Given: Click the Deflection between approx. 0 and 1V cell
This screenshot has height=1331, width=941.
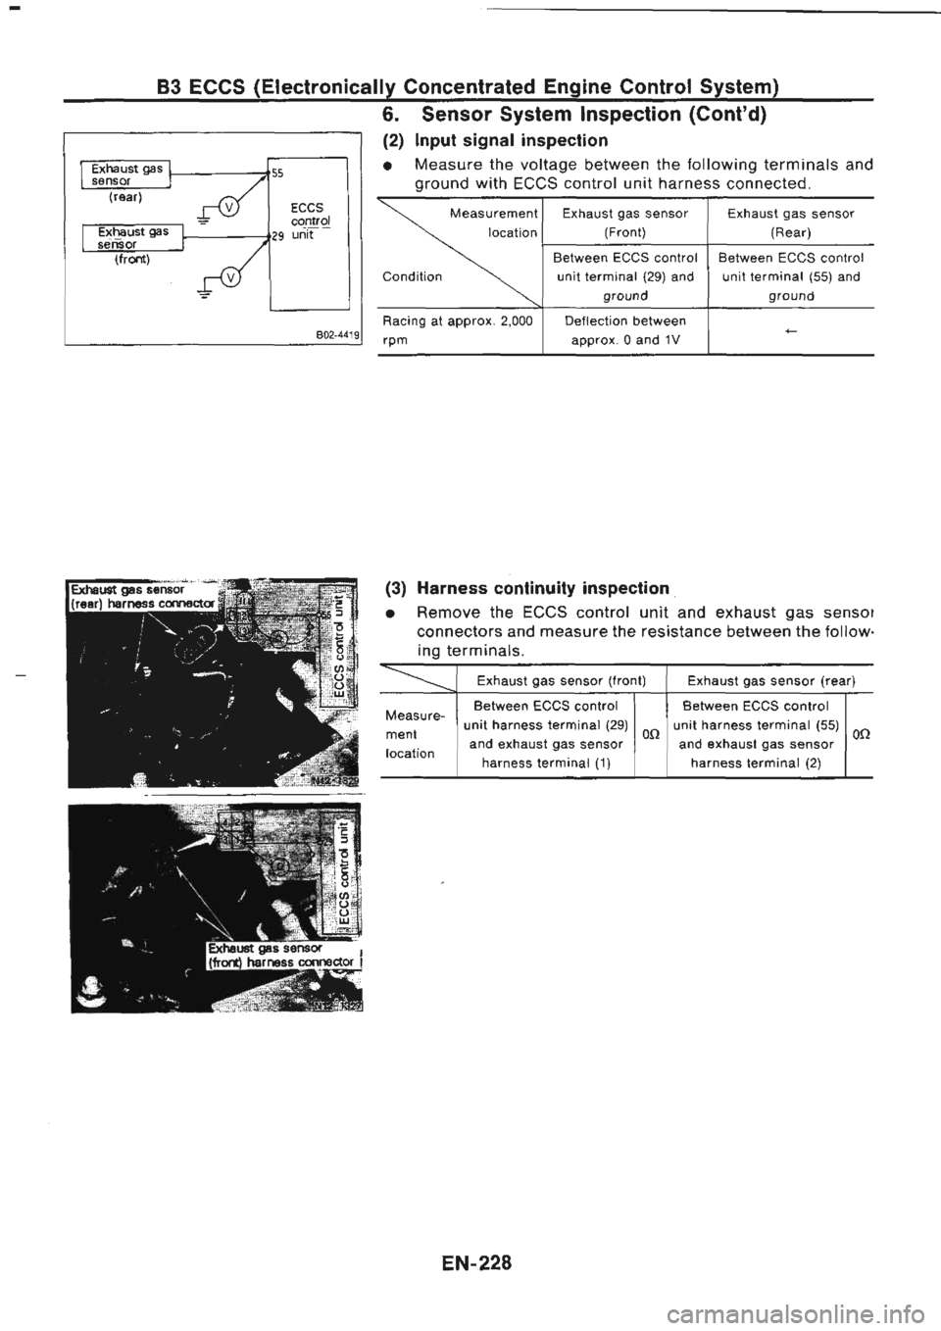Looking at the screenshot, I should pyautogui.click(x=624, y=331).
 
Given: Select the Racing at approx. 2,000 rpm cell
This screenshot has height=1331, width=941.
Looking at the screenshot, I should pyautogui.click(x=457, y=331).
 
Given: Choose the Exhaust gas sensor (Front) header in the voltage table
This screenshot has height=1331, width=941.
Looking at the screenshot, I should pyautogui.click(x=624, y=222).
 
